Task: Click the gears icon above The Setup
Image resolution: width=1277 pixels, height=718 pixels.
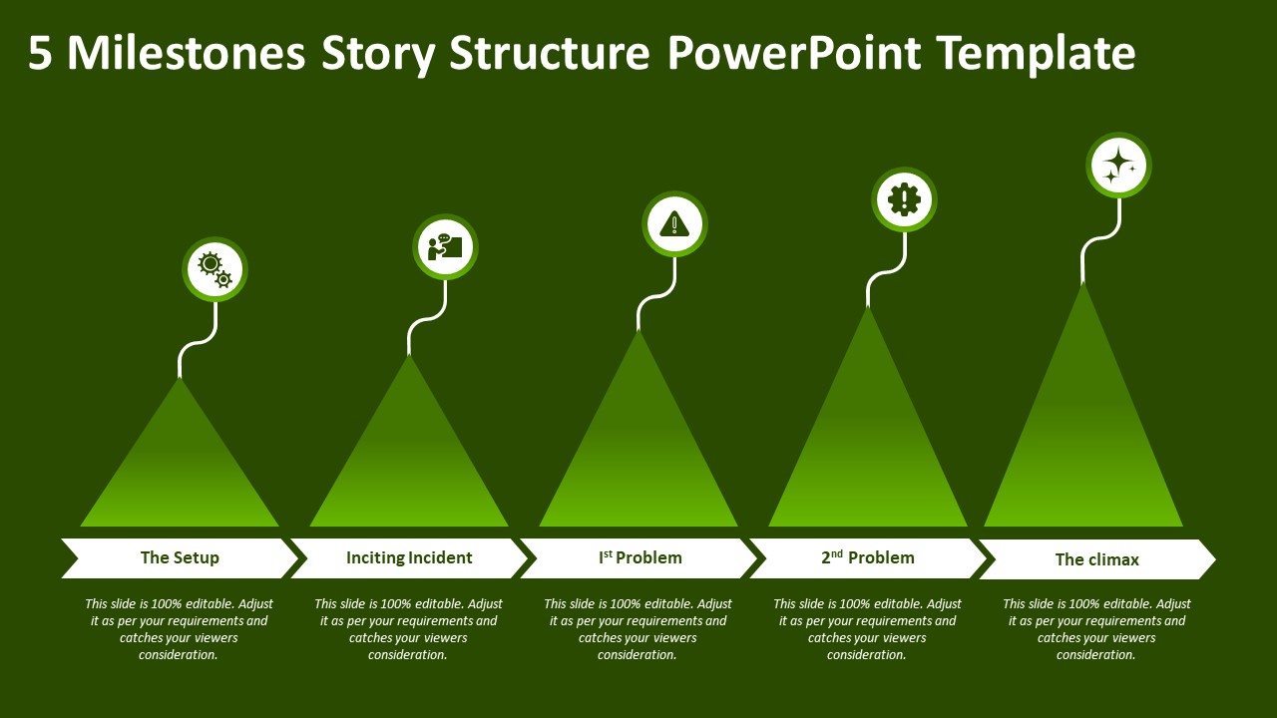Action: click(214, 269)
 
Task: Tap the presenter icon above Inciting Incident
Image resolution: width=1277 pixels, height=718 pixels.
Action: click(445, 246)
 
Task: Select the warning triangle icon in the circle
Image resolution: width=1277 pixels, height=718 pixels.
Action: click(674, 223)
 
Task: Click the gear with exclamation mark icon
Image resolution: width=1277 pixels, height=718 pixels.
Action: click(904, 199)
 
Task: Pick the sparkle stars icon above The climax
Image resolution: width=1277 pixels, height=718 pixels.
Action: click(1118, 165)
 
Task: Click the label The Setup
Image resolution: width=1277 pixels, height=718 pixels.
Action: click(180, 557)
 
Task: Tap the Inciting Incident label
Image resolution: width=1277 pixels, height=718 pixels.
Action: click(409, 557)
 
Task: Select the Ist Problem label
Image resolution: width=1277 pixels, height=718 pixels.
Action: click(639, 557)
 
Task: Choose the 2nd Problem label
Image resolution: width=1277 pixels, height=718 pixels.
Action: click(868, 557)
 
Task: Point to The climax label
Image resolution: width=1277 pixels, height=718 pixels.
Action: click(1096, 559)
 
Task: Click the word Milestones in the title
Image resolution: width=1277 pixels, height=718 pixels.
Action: click(186, 53)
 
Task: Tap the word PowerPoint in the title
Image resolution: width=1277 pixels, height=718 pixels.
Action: click(794, 53)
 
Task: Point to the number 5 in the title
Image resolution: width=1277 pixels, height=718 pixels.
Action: click(40, 53)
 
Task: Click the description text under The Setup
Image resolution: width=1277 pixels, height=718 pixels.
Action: click(180, 629)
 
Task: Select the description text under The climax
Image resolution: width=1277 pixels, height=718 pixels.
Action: click(1096, 629)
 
